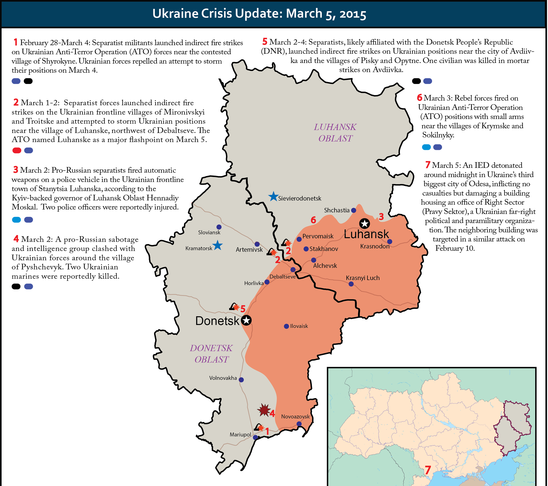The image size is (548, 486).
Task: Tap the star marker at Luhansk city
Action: point(364,223)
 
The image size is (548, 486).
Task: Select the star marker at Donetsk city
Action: point(246,320)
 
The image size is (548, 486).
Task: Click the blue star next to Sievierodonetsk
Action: point(273,197)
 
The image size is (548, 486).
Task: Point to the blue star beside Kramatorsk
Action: point(217,245)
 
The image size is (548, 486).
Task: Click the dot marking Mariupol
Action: point(255,437)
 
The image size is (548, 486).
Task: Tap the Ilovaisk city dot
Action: point(286,326)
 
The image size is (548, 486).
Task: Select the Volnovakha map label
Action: point(223,378)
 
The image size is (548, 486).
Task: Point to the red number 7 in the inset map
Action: point(428,470)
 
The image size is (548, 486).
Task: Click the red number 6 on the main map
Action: point(313,220)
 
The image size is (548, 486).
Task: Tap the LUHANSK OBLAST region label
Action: point(335,133)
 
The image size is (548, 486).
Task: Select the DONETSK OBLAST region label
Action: point(211,354)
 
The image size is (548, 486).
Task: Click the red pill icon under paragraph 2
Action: point(17,150)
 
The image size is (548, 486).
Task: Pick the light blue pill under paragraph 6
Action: point(426,147)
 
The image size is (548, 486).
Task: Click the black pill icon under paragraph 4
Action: point(16,286)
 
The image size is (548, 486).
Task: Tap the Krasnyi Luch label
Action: point(362,278)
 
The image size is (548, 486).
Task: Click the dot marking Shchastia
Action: point(354,210)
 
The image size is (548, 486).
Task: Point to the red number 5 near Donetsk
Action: point(243,309)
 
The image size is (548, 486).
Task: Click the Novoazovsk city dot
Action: point(299,424)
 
